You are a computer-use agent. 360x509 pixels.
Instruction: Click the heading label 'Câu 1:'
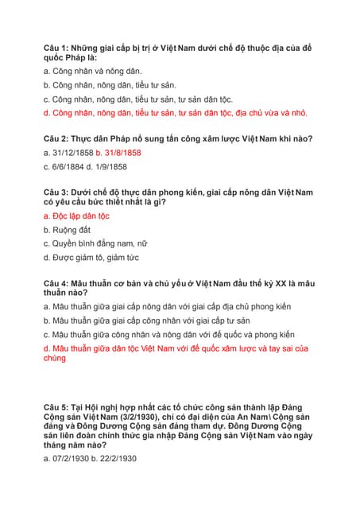(x=58, y=49)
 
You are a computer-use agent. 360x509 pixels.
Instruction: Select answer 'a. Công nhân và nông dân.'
(x=92, y=72)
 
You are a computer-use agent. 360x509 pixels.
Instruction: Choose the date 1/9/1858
(x=110, y=167)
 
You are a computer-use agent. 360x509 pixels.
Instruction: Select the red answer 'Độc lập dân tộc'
(x=80, y=216)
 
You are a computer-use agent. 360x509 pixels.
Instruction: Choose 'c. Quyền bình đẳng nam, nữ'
(x=95, y=243)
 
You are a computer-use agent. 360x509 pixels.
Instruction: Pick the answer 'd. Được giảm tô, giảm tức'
(x=91, y=258)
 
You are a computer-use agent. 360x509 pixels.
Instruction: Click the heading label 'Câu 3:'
(x=58, y=192)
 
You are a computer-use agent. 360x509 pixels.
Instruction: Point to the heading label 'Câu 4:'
(x=58, y=283)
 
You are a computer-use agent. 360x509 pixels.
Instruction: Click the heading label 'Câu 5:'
(x=58, y=406)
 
